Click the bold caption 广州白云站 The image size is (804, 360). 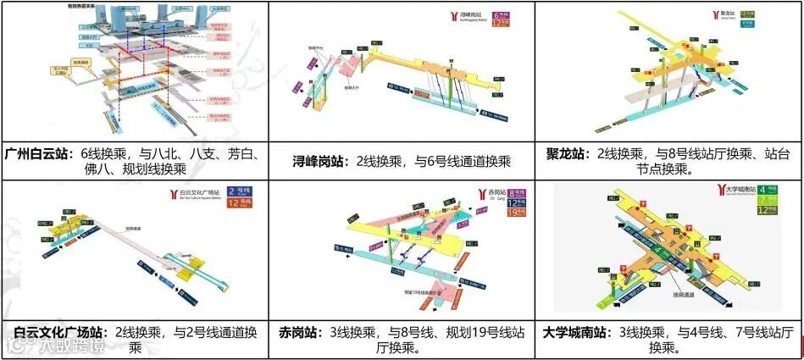39,154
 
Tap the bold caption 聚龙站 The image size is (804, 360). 564,154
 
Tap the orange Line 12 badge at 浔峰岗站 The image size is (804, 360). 502,25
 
